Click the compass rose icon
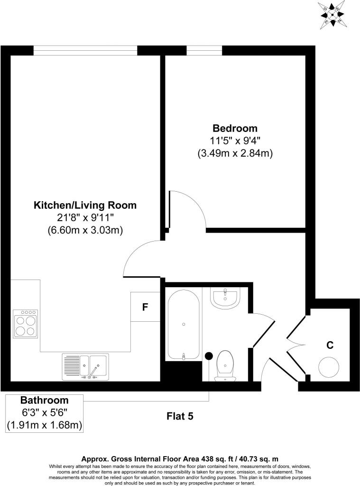click(333, 15)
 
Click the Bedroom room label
click(235, 128)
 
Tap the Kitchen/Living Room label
click(85, 206)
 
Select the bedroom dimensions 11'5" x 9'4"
click(235, 141)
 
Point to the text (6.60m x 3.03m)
click(85, 231)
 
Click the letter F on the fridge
click(145, 307)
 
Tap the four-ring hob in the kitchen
click(26, 325)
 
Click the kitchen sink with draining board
click(85, 367)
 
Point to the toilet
click(224, 366)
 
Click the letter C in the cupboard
click(329, 345)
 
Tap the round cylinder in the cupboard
click(329, 367)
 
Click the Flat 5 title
click(180, 416)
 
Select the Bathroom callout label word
click(44, 400)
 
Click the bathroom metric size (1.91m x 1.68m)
click(44, 425)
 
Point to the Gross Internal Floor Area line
click(180, 459)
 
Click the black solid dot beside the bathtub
click(208, 355)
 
